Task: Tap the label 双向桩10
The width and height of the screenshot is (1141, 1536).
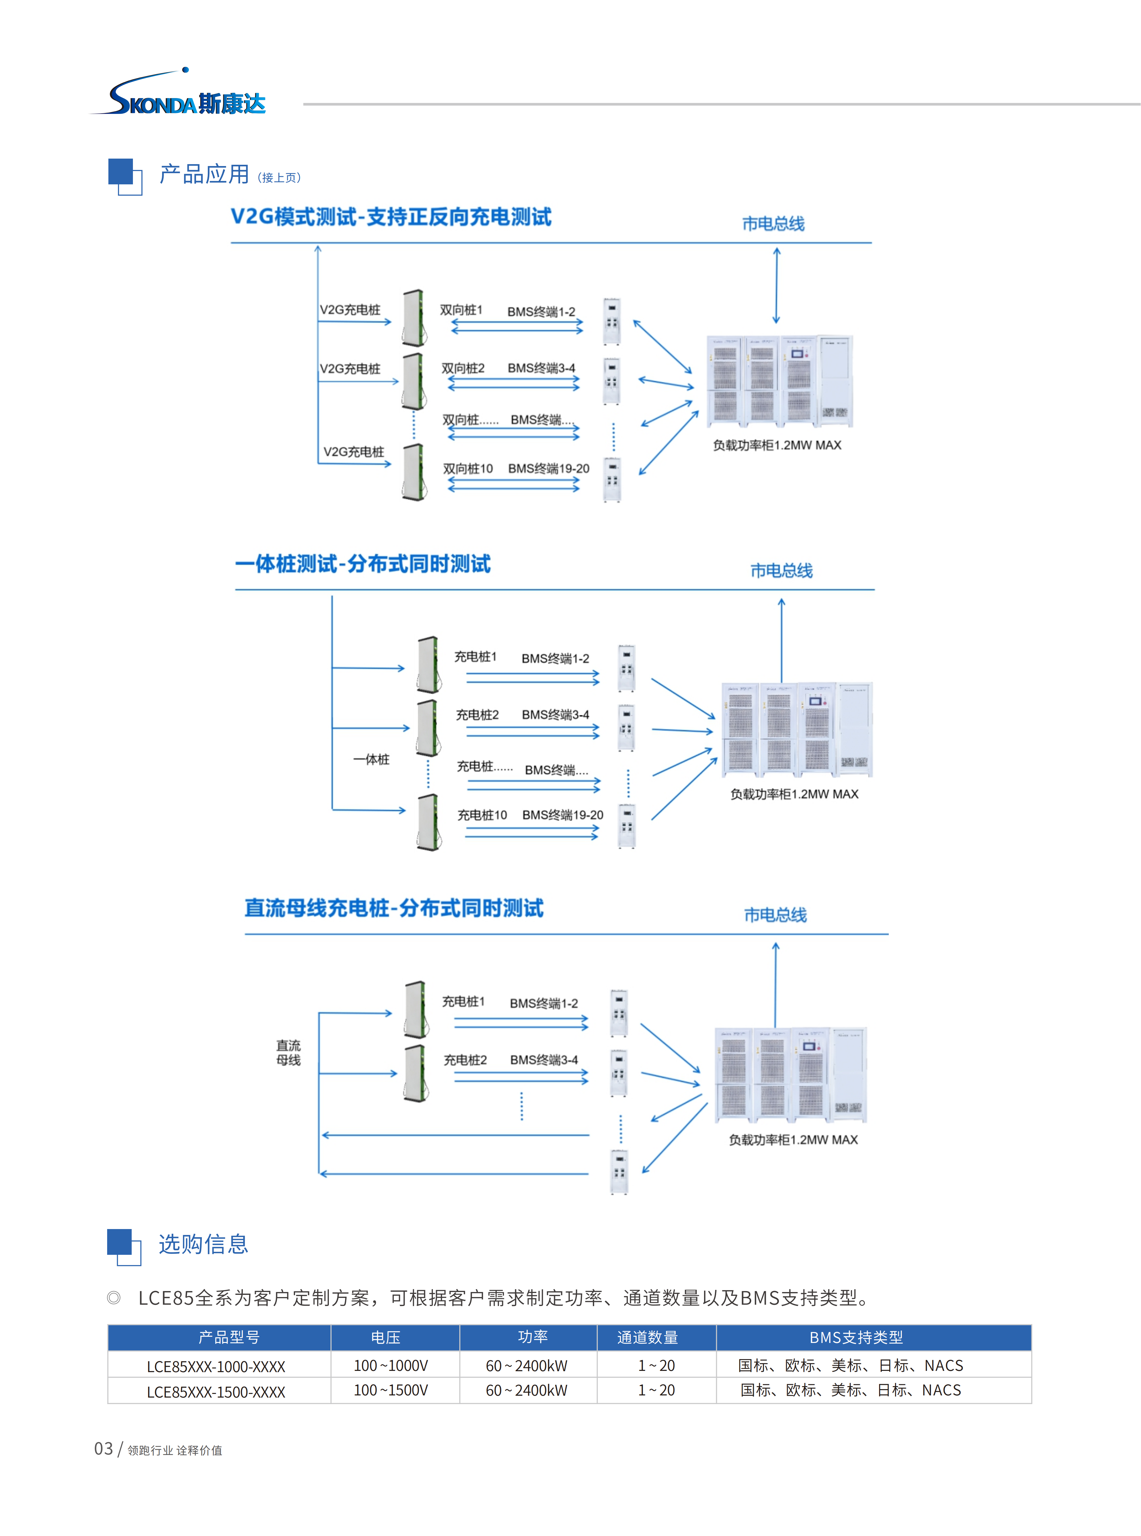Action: click(x=468, y=469)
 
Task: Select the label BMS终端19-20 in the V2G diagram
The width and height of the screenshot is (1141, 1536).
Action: click(x=548, y=469)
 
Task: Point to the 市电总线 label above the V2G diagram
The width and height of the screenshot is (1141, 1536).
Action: click(x=773, y=224)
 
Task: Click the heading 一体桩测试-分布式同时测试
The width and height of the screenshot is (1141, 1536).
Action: click(x=363, y=564)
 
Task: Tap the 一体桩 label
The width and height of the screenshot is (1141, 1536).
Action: click(x=371, y=759)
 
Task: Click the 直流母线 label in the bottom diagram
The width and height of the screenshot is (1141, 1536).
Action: click(x=289, y=1053)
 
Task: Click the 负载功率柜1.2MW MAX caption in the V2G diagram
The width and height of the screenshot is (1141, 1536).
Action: click(x=777, y=445)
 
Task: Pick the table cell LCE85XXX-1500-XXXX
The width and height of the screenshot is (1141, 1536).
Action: click(x=216, y=1392)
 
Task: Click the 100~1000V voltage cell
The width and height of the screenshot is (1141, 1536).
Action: click(x=391, y=1366)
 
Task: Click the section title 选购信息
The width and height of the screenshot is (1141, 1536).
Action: click(x=203, y=1244)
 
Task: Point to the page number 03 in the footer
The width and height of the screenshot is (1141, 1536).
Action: click(x=104, y=1448)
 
